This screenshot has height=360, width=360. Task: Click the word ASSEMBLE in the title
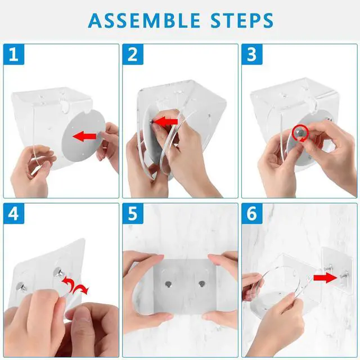click(144, 20)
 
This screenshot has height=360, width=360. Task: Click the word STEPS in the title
click(242, 20)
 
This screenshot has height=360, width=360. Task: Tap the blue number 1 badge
click(13, 55)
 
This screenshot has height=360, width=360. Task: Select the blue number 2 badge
click(133, 55)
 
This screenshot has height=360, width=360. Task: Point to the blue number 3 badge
click(252, 55)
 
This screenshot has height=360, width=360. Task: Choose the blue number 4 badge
click(13, 214)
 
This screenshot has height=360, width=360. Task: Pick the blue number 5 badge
click(133, 214)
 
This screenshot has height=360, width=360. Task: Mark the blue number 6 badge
click(252, 214)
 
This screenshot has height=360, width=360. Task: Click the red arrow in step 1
click(84, 136)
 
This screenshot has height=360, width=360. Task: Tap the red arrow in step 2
click(166, 121)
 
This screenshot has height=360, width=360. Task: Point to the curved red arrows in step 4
click(75, 285)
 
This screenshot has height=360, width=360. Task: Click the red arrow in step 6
click(325, 278)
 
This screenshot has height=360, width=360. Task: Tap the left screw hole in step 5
click(168, 284)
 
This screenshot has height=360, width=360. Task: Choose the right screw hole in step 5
click(202, 284)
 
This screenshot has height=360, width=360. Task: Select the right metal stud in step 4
click(59, 272)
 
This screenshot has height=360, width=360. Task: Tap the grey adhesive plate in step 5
click(185, 286)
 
